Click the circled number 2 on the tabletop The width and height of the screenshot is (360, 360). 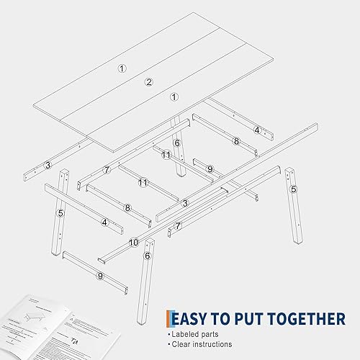pyautogui.click(x=149, y=81)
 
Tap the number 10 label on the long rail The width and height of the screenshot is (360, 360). pyautogui.click(x=134, y=243)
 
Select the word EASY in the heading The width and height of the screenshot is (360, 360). pyautogui.click(x=191, y=318)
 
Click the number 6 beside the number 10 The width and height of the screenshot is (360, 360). pyautogui.click(x=148, y=255)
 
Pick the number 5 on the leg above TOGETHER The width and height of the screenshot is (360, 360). pyautogui.click(x=294, y=189)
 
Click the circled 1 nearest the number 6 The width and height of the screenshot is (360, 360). pyautogui.click(x=174, y=96)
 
